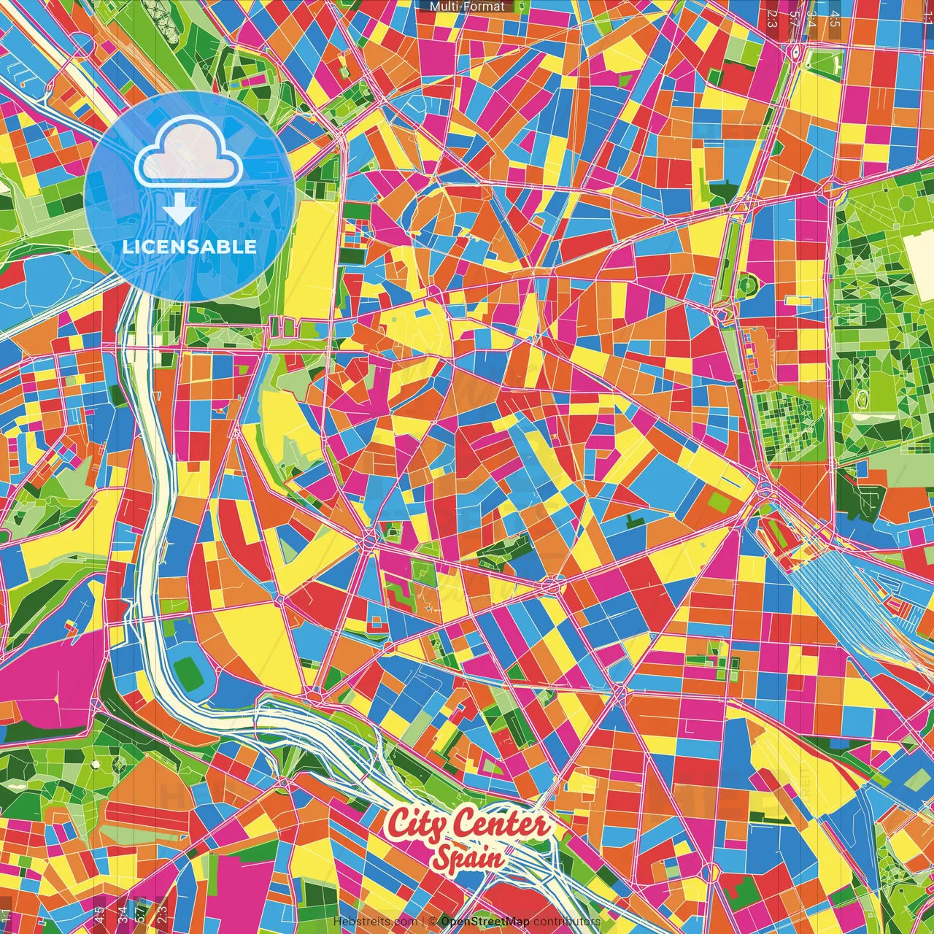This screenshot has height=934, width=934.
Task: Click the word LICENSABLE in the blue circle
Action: tap(189, 247)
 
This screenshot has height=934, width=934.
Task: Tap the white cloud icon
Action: tap(189, 153)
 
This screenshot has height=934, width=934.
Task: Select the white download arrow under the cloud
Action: tap(180, 210)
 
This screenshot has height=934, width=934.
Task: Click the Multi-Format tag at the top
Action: tap(467, 7)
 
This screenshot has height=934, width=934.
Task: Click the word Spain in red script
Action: tap(467, 857)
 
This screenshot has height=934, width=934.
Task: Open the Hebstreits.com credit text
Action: tap(375, 922)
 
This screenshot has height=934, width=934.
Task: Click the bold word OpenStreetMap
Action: tap(485, 922)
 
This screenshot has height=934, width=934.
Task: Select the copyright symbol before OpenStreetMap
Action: tap(433, 922)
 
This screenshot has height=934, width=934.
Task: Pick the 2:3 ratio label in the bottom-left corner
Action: tap(162, 912)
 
